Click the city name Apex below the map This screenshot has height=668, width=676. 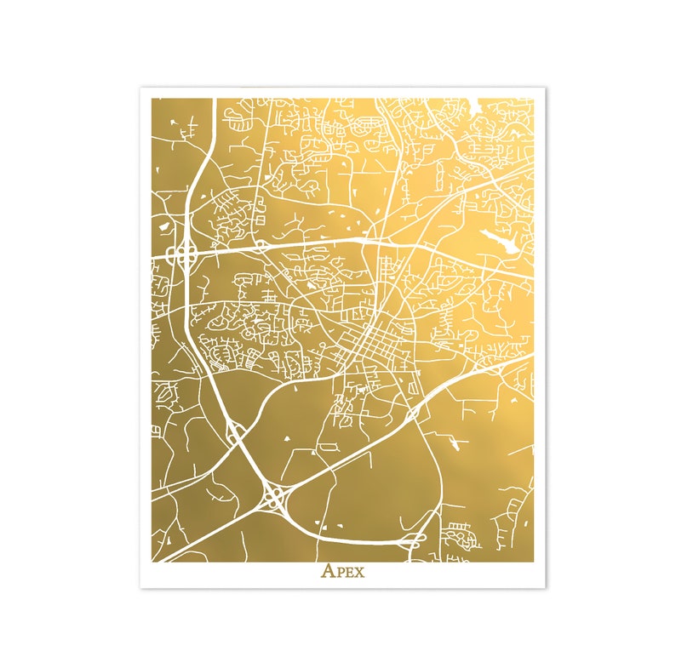point(342,570)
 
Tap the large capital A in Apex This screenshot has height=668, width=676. point(328,570)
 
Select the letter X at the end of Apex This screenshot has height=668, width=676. point(358,571)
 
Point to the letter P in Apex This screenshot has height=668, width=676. point(339,571)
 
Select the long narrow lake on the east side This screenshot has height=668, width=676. point(498,242)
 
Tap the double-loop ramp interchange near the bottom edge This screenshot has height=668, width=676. point(416,540)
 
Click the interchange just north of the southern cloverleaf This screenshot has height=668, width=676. point(236,432)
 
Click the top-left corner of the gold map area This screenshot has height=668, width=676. point(152,99)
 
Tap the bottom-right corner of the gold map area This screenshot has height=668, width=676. point(534,562)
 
